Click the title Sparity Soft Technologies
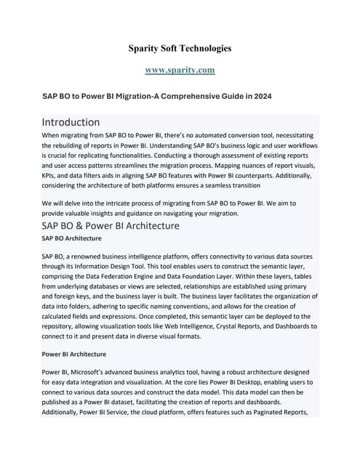180,49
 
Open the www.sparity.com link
180,70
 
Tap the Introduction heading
71,121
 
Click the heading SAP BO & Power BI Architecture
111,226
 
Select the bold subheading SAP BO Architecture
71,238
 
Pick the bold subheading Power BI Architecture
74,354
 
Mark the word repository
63,327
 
